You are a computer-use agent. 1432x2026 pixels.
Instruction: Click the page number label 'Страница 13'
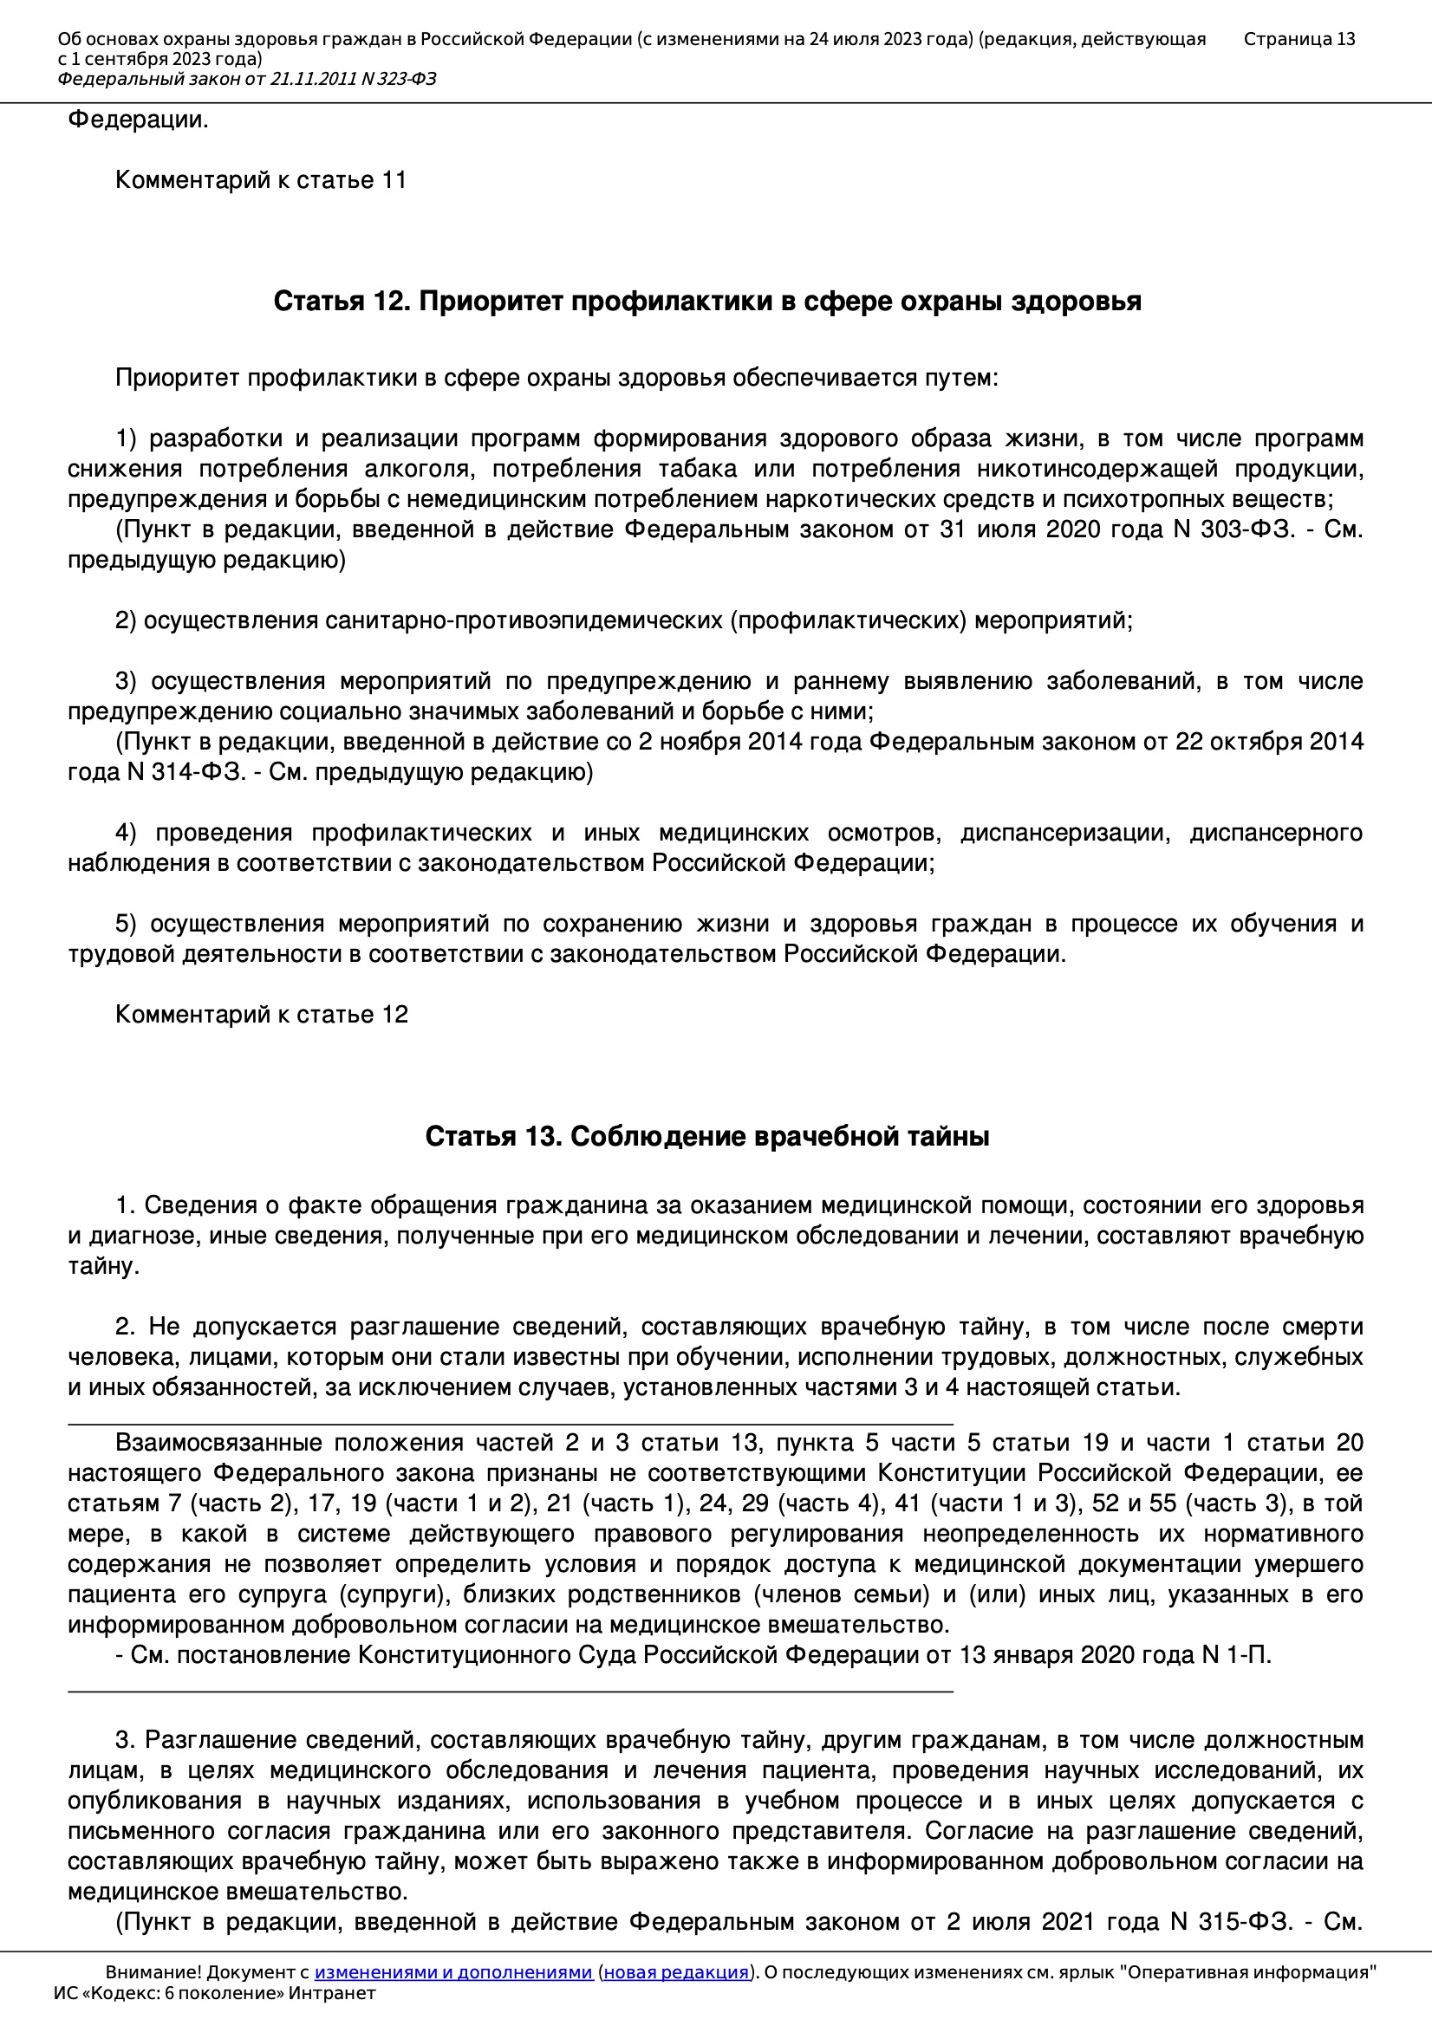pyautogui.click(x=1299, y=39)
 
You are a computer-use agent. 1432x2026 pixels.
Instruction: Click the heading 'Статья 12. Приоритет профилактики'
pyautogui.click(x=706, y=302)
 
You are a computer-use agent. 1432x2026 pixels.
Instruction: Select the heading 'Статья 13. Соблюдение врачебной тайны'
pyautogui.click(x=706, y=1137)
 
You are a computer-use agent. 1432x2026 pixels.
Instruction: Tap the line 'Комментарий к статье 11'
pyautogui.click(x=260, y=180)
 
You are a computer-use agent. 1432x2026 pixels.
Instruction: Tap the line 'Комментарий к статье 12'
pyautogui.click(x=261, y=1015)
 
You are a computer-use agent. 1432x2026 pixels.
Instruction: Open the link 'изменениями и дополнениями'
pyautogui.click(x=452, y=1972)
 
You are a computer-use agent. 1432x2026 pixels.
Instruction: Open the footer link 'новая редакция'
pyautogui.click(x=676, y=1972)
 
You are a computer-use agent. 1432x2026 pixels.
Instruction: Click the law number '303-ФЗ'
pyautogui.click(x=1245, y=529)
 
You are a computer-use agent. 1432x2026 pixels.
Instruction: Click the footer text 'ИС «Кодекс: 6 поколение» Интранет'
pyautogui.click(x=214, y=1993)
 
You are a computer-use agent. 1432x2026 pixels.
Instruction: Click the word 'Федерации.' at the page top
pyautogui.click(x=139, y=120)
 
